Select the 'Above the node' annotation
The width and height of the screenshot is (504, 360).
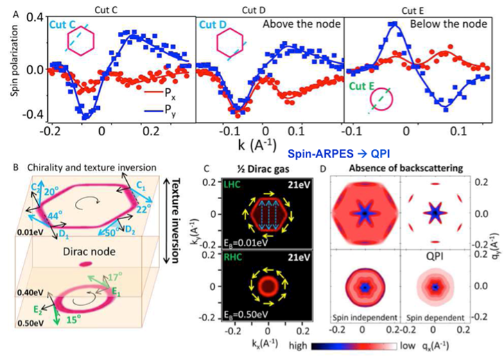[302, 24]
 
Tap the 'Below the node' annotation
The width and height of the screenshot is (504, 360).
[444, 24]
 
